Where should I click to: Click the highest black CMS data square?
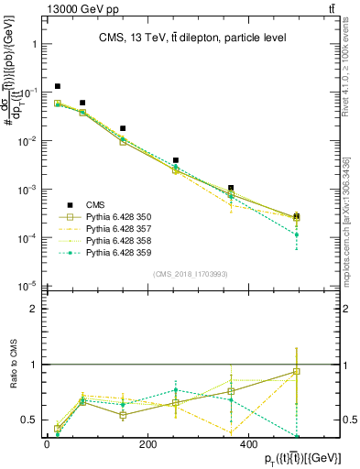58,86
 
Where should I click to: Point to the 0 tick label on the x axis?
47,444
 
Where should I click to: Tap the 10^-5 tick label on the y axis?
26,286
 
